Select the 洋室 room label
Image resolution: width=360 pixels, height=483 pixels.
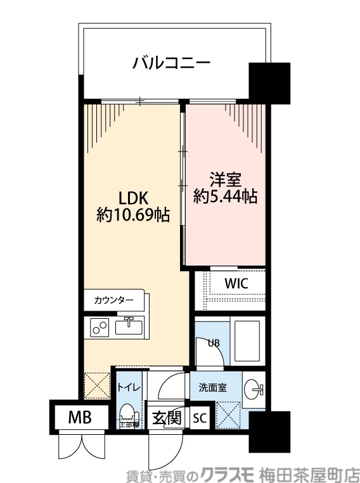click(225, 179)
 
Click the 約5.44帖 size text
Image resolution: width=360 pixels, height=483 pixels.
click(225, 197)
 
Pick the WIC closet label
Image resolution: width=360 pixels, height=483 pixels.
click(236, 283)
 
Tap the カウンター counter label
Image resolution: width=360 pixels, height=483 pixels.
click(113, 300)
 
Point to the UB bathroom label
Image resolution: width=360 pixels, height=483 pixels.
click(215, 343)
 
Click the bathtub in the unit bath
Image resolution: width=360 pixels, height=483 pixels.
click(247, 340)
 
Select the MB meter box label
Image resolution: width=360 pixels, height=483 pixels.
click(80, 418)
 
